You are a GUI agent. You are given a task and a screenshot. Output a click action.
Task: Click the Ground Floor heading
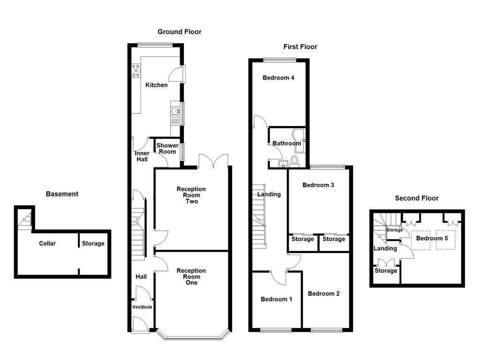pos(179,32)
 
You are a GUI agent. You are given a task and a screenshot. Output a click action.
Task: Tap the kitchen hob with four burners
pos(136,70)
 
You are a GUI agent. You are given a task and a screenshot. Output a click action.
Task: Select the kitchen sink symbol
pos(175,112)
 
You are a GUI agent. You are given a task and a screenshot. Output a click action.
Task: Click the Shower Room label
pos(167,148)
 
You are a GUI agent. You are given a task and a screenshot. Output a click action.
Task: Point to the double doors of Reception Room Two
pos(213,162)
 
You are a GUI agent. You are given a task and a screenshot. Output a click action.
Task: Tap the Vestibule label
pos(142,307)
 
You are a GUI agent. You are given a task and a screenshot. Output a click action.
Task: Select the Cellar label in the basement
pos(47,243)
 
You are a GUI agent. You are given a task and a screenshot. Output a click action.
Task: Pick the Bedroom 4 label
pos(278,78)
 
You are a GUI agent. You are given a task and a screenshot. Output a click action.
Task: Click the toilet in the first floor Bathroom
pos(294,161)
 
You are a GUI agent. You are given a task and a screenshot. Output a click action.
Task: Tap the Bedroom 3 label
pos(318,185)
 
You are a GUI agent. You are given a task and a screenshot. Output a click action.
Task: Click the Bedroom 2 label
pos(323,294)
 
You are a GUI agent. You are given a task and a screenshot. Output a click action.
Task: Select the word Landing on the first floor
pos(269,194)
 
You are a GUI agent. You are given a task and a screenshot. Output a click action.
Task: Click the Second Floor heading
pos(417,198)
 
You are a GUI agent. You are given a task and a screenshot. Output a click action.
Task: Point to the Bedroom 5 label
pos(432,238)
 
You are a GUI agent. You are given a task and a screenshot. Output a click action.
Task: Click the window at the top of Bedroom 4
pos(279,60)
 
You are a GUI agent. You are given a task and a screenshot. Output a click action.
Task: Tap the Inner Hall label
pos(142,157)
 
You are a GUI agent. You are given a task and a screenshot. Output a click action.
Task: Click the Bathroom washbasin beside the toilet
pos(283,164)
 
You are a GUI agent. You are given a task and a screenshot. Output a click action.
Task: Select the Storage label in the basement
pos(93,243)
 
